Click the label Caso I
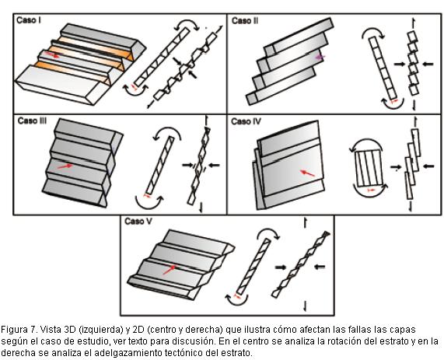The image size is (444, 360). pos(28,20)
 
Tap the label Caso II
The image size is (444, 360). pos(245,21)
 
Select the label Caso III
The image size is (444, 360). pos(33,121)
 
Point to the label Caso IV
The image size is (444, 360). pos(246,121)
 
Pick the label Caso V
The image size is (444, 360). pos(138,222)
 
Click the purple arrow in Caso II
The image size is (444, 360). pos(320,58)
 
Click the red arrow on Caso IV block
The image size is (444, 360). pos(307,173)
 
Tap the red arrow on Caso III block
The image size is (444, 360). pos(65,166)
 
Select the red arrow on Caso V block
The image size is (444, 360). pos(170,269)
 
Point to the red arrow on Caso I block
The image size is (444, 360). pos(53,54)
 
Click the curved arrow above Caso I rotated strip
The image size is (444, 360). pos(187,24)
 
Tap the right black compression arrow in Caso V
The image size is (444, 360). pos(320,266)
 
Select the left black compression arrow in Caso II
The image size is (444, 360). pos(400,64)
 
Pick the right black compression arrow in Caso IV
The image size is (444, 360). pos(428,166)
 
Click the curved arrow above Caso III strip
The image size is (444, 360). pos(167,131)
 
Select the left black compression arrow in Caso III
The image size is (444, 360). pos(187,165)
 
